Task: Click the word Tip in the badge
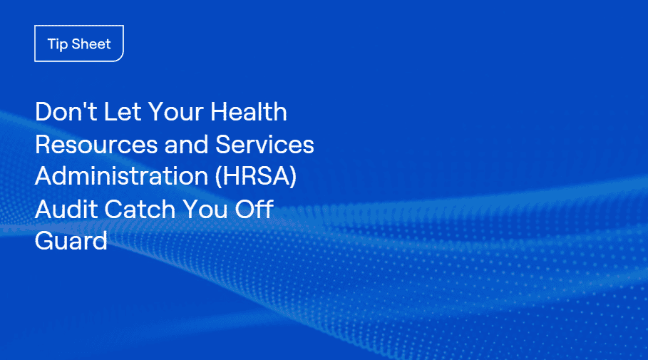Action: [58, 44]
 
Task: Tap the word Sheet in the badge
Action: [91, 43]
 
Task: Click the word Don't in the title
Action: [66, 112]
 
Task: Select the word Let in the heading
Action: [123, 112]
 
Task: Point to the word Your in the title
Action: [175, 112]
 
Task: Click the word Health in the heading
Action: [249, 112]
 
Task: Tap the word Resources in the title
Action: [96, 144]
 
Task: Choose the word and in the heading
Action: [186, 144]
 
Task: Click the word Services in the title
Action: [264, 144]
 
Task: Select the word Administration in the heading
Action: [121, 176]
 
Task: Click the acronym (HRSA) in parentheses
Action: [256, 177]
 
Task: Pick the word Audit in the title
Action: [66, 209]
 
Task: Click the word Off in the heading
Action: [254, 209]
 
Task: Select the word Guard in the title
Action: [71, 240]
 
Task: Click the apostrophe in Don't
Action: [86, 105]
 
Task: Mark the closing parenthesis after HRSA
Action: [293, 177]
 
